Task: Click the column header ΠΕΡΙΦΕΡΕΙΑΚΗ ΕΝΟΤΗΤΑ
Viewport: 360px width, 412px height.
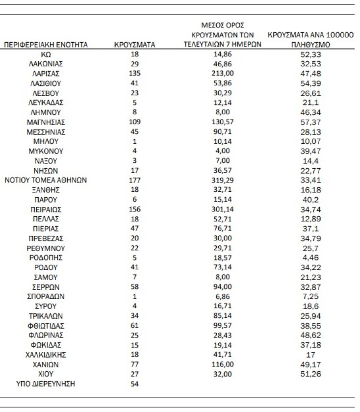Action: click(x=46, y=45)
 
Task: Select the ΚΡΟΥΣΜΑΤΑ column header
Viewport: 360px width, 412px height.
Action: click(x=134, y=45)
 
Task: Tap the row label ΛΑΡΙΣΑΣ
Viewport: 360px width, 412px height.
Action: click(x=46, y=74)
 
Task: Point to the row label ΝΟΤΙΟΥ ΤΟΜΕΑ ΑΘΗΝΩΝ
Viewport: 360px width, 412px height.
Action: click(x=46, y=180)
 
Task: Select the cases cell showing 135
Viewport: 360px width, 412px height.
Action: click(x=134, y=74)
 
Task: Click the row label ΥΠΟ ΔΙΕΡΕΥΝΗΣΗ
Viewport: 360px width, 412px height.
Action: click(x=46, y=384)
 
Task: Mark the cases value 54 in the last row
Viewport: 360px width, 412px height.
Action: click(x=134, y=384)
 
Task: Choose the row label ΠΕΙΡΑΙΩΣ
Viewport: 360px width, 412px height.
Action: click(x=46, y=209)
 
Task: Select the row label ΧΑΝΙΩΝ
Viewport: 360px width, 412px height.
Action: click(x=46, y=364)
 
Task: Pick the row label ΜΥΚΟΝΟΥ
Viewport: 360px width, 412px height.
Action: click(x=46, y=151)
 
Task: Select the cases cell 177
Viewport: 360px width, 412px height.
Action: click(x=134, y=180)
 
